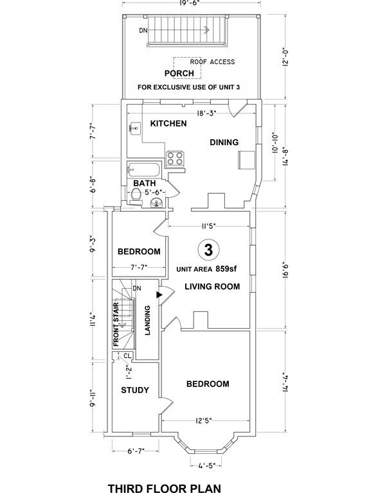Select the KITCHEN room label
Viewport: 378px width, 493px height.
point(168,123)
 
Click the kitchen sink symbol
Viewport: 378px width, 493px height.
point(134,128)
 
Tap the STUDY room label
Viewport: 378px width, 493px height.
point(135,390)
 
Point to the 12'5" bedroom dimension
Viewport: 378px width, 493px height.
point(207,422)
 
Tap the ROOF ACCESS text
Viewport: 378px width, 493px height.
point(212,62)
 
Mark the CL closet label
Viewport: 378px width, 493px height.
point(127,355)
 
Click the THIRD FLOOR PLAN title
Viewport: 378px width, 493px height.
point(164,488)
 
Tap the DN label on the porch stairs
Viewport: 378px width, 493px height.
point(143,30)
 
